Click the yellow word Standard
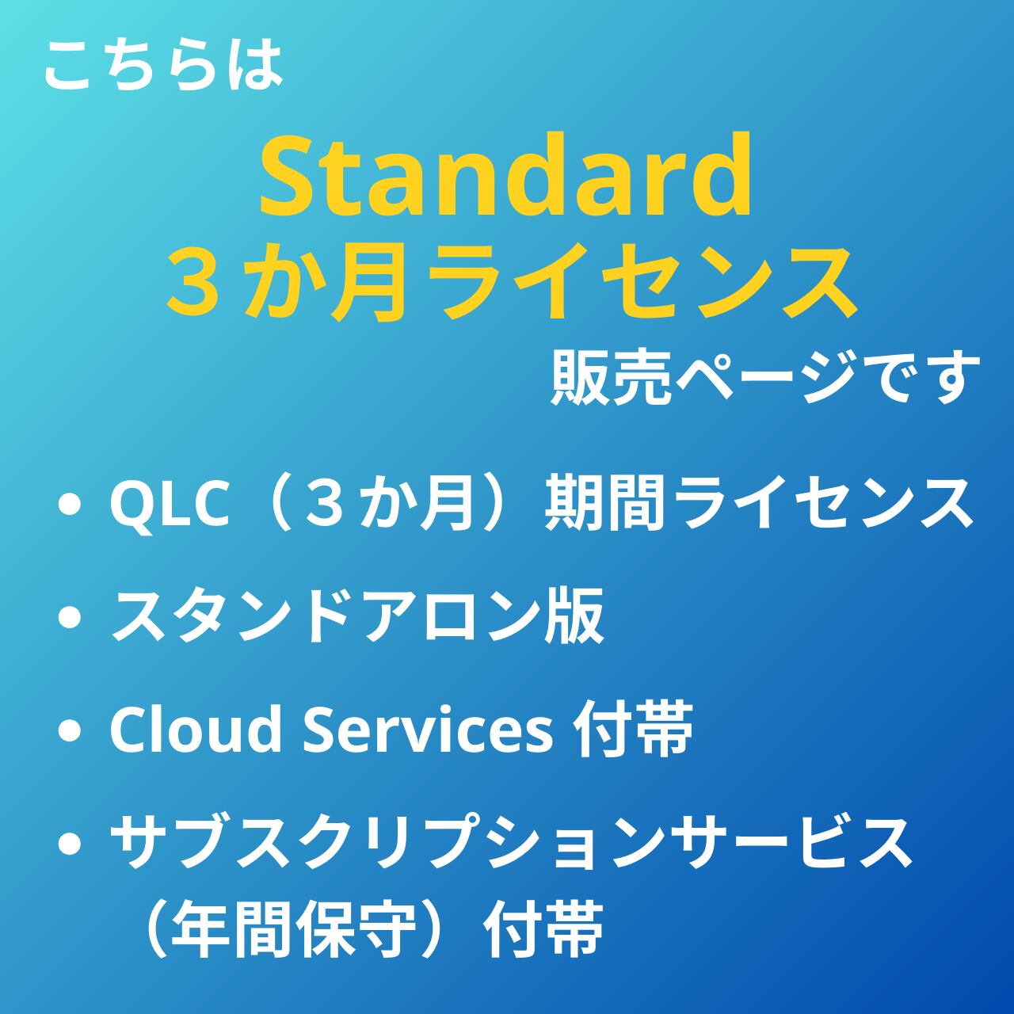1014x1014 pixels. [505, 174]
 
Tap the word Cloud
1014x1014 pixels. [195, 730]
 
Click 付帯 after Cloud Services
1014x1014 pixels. [633, 730]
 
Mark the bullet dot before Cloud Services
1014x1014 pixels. [70, 731]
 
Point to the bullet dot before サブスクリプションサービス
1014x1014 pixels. [70, 843]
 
